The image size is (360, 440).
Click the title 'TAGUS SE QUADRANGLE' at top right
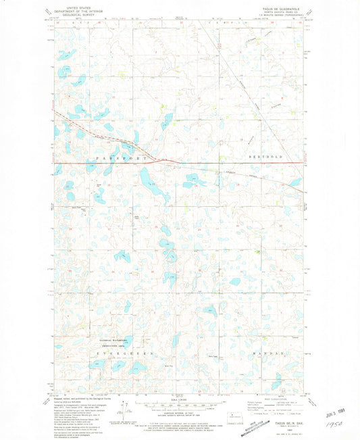point(282,9)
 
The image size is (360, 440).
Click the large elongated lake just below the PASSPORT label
point(145,177)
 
